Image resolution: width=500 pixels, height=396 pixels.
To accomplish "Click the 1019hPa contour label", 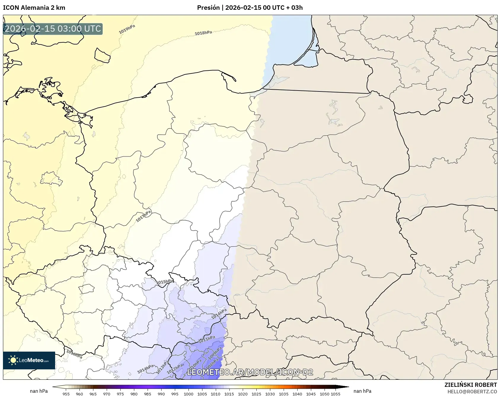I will (x=127, y=29).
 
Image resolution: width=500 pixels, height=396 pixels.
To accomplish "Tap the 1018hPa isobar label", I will (x=203, y=33).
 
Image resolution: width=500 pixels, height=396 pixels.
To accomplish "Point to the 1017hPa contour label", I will (x=144, y=216).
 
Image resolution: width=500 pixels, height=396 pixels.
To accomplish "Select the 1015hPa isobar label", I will (x=165, y=282).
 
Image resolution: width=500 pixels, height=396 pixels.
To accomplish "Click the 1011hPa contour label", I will (x=207, y=339).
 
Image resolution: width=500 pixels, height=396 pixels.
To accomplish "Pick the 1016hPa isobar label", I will (x=74, y=354).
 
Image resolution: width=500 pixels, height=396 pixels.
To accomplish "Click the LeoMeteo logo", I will (x=29, y=360).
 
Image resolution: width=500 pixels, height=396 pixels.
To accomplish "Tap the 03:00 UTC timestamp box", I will (x=53, y=29).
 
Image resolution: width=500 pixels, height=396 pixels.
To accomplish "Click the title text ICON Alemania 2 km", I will (x=34, y=8).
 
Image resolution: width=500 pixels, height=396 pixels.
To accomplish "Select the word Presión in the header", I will (x=208, y=8).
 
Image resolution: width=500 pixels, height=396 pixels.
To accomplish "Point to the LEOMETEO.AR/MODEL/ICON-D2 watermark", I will (x=250, y=372).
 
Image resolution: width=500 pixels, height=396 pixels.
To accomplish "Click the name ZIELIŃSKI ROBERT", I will (x=470, y=385).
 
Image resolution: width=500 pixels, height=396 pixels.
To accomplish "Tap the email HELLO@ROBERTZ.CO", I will (x=472, y=392).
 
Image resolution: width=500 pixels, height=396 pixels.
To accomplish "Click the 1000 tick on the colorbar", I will (x=189, y=394).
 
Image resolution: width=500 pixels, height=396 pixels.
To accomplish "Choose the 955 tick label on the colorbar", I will (x=66, y=394).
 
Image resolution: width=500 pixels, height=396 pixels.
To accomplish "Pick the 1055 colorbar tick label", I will (x=336, y=394).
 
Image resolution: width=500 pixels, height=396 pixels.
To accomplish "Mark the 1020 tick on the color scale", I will (x=243, y=394).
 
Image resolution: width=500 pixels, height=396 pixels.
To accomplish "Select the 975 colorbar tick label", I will (x=120, y=394).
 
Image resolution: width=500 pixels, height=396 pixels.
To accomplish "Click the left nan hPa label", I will (x=39, y=391).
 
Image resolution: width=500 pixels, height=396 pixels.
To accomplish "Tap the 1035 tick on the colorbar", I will (x=284, y=394).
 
